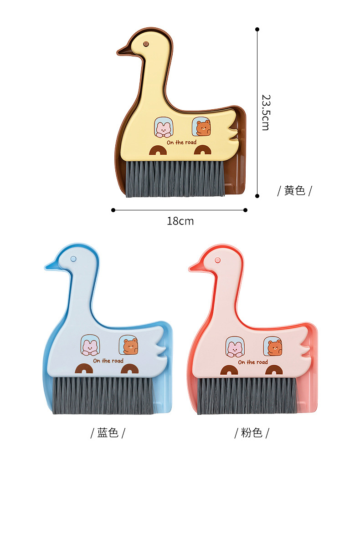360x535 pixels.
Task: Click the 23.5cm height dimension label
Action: pos(265,112)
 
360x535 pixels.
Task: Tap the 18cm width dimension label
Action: pos(180,221)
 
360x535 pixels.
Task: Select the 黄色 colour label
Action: pos(294,190)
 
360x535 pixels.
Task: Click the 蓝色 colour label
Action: pos(108,433)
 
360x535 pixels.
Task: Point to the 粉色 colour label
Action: pos(252,433)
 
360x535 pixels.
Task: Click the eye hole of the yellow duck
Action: pos(146,44)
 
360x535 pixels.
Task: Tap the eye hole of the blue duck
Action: pos(73,259)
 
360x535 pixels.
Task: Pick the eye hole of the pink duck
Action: pos(217,260)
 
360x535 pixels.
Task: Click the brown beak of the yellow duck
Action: pos(124,51)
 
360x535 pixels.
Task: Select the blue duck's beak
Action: pos(51,265)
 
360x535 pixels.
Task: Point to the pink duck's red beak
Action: pos(195,266)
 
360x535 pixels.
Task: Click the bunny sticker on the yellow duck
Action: pos(163,127)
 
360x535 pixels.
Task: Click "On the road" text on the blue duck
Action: pos(108,361)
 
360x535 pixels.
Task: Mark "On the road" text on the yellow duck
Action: pos(181,143)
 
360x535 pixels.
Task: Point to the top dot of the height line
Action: pos(257,30)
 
